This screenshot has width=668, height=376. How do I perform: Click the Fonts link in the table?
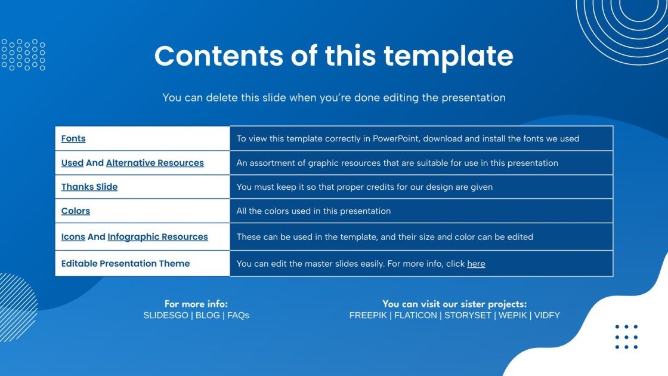point(73,138)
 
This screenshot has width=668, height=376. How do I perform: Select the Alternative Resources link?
point(154,163)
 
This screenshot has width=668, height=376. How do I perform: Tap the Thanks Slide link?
point(89,187)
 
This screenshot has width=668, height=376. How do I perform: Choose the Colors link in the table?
point(75,211)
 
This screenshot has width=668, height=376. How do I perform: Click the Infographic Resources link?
point(157,236)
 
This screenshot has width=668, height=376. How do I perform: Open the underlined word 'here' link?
point(476,264)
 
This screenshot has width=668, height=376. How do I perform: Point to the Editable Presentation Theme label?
point(125,263)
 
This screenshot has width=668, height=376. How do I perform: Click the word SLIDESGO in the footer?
point(166,316)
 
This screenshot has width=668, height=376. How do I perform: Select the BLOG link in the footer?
point(208,316)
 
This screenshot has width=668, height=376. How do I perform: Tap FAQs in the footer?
point(238,316)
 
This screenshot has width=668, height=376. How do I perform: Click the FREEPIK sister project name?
point(368,316)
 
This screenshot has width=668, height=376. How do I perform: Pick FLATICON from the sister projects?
point(415,316)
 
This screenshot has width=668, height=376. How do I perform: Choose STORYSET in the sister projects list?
point(468,316)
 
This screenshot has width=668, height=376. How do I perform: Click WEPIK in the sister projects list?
point(513,316)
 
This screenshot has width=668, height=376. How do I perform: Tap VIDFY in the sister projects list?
point(547,316)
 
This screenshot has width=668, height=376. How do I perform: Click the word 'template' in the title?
point(448,56)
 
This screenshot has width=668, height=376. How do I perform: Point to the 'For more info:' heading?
point(196,304)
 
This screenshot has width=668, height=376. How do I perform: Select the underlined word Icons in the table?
point(73,236)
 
